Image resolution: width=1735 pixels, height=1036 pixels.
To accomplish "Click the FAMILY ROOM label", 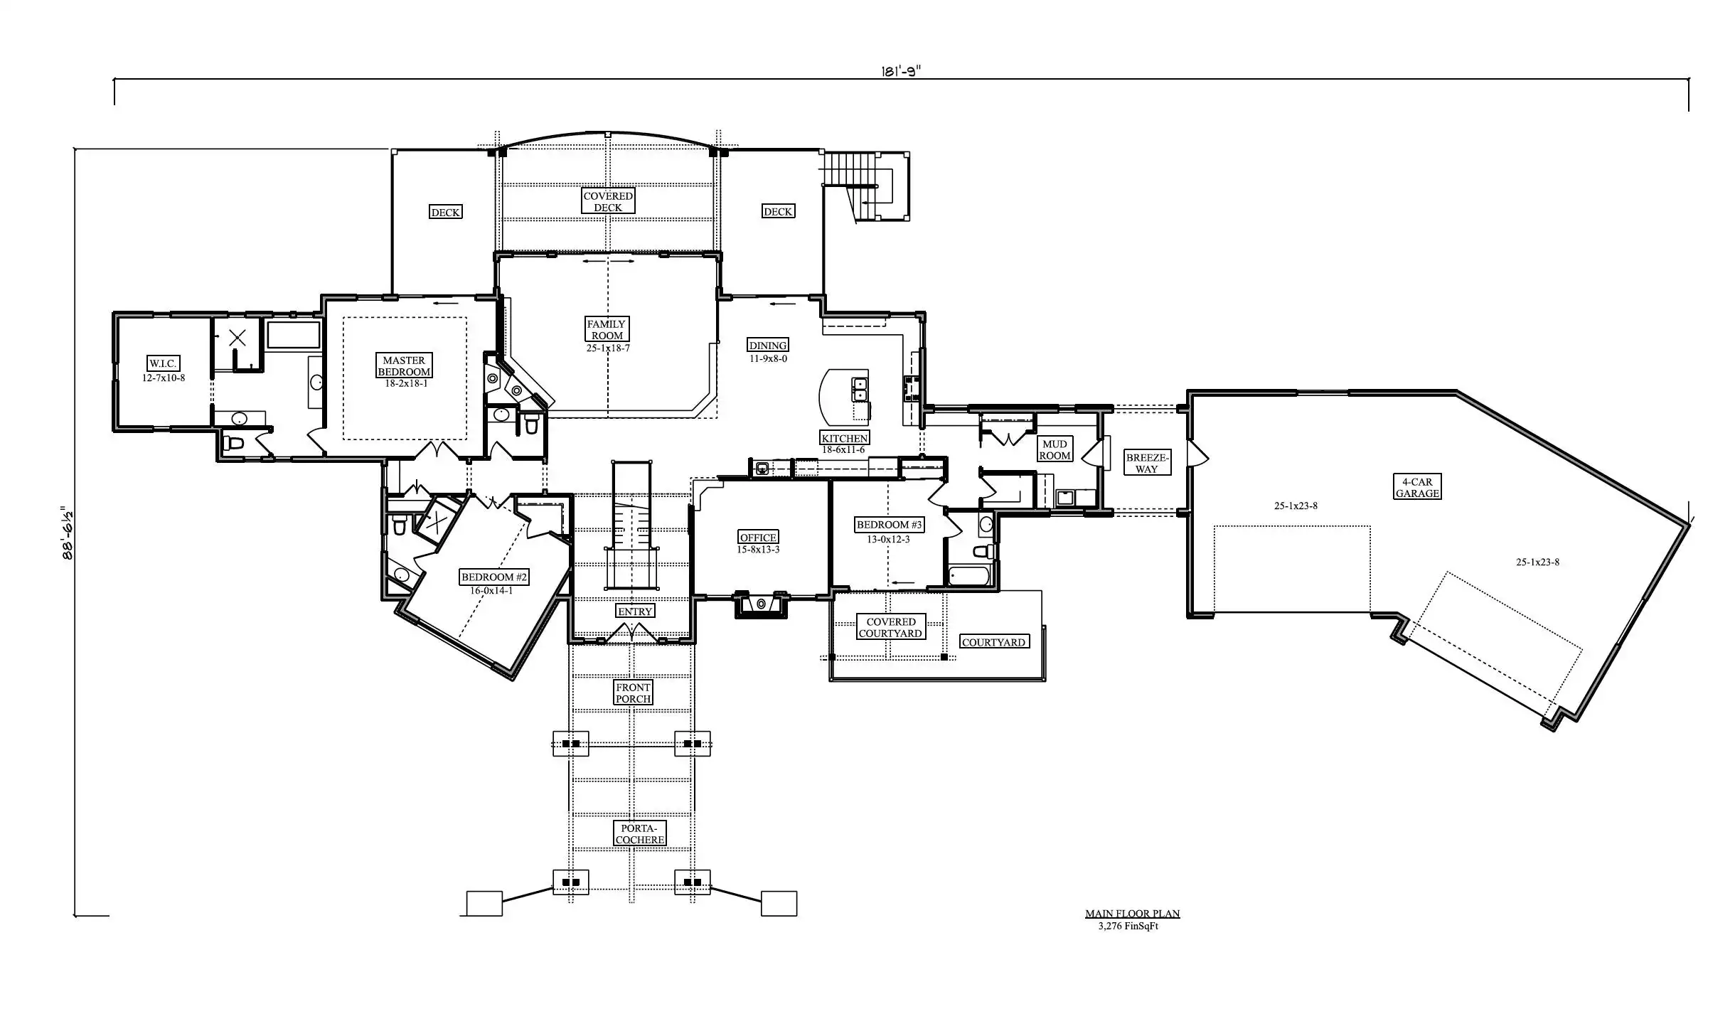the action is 607,329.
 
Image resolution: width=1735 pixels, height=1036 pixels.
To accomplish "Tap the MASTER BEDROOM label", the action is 404,365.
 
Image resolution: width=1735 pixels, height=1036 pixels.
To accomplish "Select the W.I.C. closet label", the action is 163,363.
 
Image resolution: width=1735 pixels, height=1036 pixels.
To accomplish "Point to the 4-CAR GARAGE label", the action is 1417,487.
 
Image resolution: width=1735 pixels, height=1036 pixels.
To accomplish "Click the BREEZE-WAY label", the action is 1146,463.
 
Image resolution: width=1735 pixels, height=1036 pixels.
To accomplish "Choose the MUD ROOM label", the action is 1055,449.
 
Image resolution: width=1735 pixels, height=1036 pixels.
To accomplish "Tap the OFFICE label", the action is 758,537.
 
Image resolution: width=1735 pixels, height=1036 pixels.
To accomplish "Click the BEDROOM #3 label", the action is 889,525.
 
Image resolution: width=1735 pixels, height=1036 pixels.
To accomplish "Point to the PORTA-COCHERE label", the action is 640,833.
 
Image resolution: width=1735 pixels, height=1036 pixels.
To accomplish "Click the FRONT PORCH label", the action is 633,693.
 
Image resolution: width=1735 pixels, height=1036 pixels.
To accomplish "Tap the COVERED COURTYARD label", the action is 890,627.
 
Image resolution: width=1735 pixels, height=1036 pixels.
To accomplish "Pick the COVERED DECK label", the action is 608,201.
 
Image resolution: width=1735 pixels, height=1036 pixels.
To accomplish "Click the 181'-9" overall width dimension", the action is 901,70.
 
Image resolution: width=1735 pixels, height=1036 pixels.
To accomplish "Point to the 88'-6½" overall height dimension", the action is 68,533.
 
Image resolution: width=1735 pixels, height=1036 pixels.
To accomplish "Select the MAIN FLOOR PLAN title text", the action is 1132,914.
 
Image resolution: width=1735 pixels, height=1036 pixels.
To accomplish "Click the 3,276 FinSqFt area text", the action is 1128,926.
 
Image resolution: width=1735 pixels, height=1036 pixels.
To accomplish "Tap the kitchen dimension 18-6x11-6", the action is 843,449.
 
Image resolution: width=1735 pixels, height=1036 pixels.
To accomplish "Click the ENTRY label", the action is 634,611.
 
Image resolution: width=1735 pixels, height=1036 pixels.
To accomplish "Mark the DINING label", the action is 767,346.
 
